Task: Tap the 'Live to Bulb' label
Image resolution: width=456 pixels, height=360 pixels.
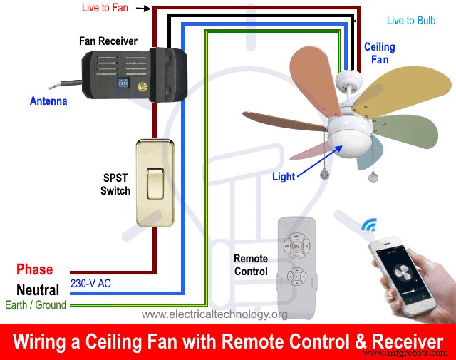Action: [410, 21]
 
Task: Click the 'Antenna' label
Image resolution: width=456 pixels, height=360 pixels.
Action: [48, 101]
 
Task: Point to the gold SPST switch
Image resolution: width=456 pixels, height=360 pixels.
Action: [152, 181]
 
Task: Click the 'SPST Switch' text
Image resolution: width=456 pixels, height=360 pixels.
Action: [115, 184]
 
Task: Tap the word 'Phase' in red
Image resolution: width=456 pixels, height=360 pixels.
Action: [35, 269]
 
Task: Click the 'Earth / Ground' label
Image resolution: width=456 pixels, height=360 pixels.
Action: [33, 305]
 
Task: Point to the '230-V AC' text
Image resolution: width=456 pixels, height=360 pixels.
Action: [90, 283]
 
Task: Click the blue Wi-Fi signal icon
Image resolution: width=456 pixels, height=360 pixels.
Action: [369, 227]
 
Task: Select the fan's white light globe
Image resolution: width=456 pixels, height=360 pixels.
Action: [343, 141]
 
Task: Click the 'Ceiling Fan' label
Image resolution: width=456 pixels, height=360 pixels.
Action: [380, 53]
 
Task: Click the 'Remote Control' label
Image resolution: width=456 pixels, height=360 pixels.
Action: [250, 264]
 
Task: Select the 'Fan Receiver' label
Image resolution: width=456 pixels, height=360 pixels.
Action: [108, 41]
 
